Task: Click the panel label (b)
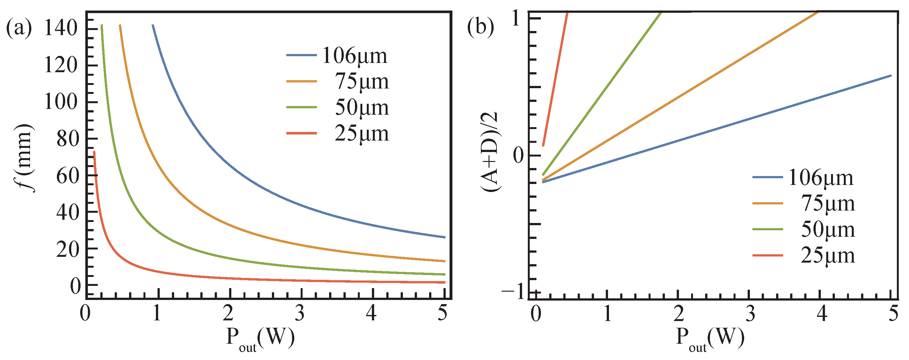click(x=480, y=27)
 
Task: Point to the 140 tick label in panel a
click(x=61, y=28)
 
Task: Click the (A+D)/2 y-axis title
click(x=490, y=152)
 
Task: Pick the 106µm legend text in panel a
click(x=355, y=56)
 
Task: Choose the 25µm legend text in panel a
click(x=361, y=134)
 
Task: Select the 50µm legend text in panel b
click(x=828, y=229)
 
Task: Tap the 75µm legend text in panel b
click(x=828, y=204)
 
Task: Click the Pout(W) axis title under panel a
click(x=260, y=339)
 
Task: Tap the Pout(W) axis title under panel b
click(x=710, y=339)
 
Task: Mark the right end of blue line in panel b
click(x=891, y=75)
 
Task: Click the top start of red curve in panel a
click(x=94, y=152)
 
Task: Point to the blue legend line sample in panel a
click(x=301, y=55)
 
